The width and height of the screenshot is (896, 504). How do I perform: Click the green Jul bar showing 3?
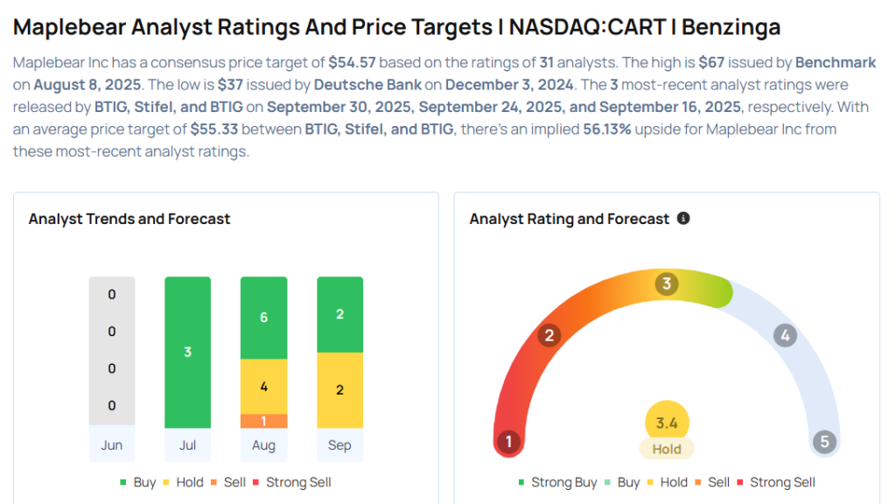pos(187,352)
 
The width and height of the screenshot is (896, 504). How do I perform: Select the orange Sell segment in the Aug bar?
pos(263,421)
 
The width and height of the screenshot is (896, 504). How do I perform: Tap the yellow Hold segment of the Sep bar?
pos(339,389)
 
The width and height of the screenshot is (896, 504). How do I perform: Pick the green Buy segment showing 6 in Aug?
pos(263,318)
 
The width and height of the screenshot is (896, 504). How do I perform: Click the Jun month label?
pos(111,445)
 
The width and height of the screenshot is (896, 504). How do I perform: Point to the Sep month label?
pos(339,445)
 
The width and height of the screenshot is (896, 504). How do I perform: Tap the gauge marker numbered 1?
pos(508,442)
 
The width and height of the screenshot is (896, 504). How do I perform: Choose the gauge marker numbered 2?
pos(549,335)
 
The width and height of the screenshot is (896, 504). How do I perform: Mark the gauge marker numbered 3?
pos(667,283)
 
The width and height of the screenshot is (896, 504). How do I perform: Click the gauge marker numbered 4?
pos(785,335)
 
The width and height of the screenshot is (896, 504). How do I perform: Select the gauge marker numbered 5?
pos(823,442)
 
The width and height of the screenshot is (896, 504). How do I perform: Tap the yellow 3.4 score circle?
pos(667,423)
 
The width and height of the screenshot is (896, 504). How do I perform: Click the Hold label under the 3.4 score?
pos(667,449)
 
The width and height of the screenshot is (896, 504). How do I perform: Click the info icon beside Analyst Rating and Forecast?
pos(683,218)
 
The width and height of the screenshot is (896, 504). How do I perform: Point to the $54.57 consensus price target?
pos(354,63)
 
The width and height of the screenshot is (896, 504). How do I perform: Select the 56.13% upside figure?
pos(606,129)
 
